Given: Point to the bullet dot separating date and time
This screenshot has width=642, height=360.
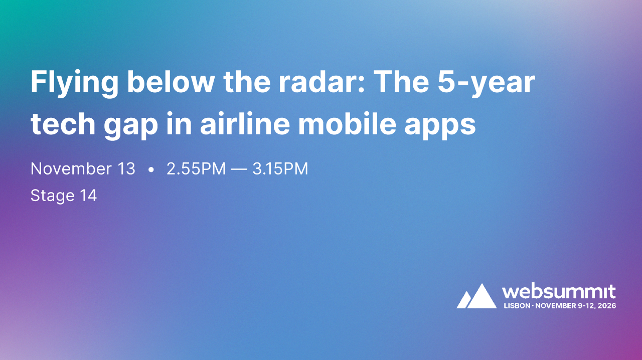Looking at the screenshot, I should (151, 170).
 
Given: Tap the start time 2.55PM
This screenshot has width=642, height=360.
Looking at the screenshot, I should (196, 169).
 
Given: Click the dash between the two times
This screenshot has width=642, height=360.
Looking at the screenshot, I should (239, 169).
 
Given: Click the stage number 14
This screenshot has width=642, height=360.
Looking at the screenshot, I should (88, 195).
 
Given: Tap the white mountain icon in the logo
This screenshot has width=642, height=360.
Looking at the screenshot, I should (476, 297).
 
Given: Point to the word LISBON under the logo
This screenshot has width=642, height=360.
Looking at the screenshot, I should (517, 305).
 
